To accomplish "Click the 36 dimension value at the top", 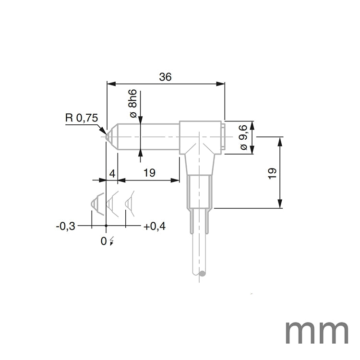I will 166,76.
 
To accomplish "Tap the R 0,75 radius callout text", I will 81,118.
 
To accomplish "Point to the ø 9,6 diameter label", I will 243,138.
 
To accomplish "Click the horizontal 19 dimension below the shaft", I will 149,173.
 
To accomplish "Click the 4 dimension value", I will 112,173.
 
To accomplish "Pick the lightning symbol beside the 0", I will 112,241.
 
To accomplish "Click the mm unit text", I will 317,332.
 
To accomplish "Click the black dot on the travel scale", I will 106,225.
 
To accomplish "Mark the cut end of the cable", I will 199,274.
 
